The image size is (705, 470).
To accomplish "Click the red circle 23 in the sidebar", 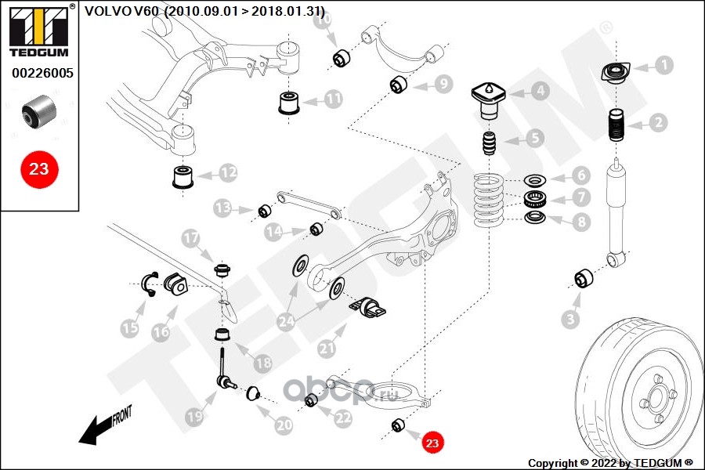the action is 39,169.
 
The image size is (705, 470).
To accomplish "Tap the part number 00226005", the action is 42,73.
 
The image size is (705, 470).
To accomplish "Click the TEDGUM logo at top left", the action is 39,31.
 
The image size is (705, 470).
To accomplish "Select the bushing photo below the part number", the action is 39,110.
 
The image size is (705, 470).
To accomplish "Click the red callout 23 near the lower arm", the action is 432,443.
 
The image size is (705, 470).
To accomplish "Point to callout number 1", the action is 663,65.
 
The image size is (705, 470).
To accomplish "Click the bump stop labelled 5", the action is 489,143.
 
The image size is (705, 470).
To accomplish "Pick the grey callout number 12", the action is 228,172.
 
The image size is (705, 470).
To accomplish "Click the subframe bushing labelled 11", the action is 290,103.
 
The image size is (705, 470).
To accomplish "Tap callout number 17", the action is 190,238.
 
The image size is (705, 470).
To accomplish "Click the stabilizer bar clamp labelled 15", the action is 150,284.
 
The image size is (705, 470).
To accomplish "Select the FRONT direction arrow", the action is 106,426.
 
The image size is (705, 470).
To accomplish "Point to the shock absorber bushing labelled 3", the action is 584,280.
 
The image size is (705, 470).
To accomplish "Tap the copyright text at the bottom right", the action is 610,463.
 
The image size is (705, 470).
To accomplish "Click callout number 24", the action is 287,321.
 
